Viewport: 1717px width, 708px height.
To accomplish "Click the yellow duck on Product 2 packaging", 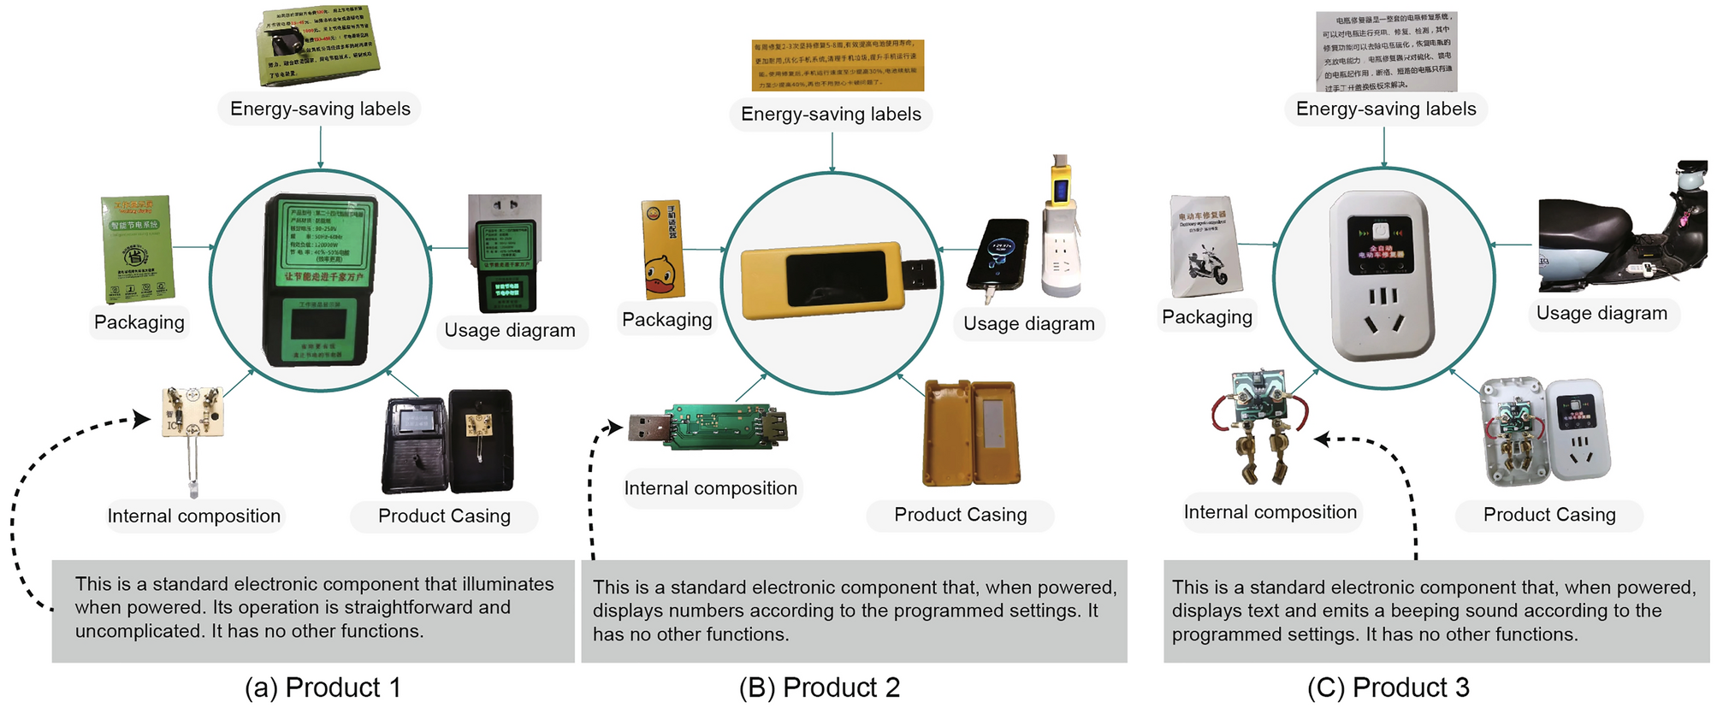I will coord(659,275).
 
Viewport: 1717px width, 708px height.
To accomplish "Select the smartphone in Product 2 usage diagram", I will coord(998,255).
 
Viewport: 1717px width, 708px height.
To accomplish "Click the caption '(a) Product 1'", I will coord(323,687).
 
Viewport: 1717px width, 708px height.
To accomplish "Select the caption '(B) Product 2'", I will coord(819,687).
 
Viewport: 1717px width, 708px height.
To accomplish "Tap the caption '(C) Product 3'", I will coord(1388,687).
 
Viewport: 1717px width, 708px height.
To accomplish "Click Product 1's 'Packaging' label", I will coord(139,322).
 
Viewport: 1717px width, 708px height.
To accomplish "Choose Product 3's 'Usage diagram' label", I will coord(1602,313).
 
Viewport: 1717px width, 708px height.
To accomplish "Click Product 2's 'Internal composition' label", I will coord(710,488).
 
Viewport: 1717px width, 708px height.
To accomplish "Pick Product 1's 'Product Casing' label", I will coord(444,516).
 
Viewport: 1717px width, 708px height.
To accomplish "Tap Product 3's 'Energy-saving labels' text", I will coord(1386,109).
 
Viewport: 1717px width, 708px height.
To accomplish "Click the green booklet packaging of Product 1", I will coord(137,248).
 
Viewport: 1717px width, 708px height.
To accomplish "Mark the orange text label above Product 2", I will coord(838,65).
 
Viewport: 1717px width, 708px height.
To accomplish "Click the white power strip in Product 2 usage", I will coord(1061,248).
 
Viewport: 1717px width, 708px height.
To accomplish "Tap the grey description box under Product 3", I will coord(1436,611).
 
